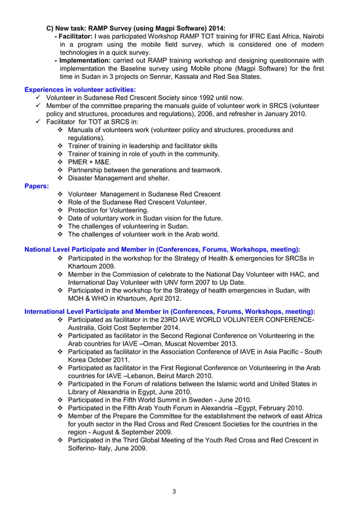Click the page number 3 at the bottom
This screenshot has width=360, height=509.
click(174, 492)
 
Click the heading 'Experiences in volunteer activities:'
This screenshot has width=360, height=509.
click(80, 89)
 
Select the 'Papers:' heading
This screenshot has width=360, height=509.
click(37, 186)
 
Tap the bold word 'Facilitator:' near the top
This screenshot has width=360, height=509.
click(74, 36)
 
